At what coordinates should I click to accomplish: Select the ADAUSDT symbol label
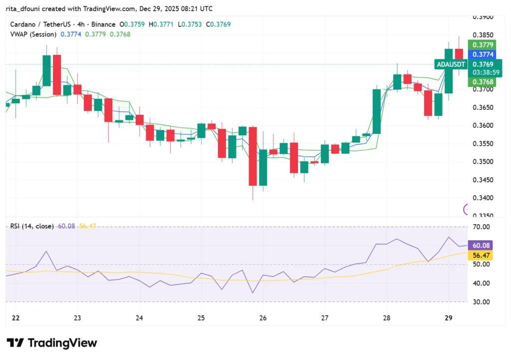(x=451, y=64)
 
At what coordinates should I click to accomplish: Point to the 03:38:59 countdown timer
(x=483, y=72)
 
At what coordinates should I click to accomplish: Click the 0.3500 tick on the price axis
(x=483, y=162)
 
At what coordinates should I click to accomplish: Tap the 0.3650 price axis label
(x=483, y=107)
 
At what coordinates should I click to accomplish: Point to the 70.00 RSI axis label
(x=482, y=227)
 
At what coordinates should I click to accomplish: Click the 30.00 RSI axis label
(x=482, y=302)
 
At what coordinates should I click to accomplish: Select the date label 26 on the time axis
(x=263, y=318)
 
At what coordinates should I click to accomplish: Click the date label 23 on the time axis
(x=77, y=318)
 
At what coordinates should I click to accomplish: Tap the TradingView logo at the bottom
(x=52, y=343)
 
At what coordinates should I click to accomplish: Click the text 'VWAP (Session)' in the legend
(x=33, y=34)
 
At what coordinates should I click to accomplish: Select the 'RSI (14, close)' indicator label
(x=31, y=226)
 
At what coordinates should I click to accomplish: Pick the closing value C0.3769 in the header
(x=220, y=24)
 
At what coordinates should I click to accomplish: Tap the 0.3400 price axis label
(x=483, y=198)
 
